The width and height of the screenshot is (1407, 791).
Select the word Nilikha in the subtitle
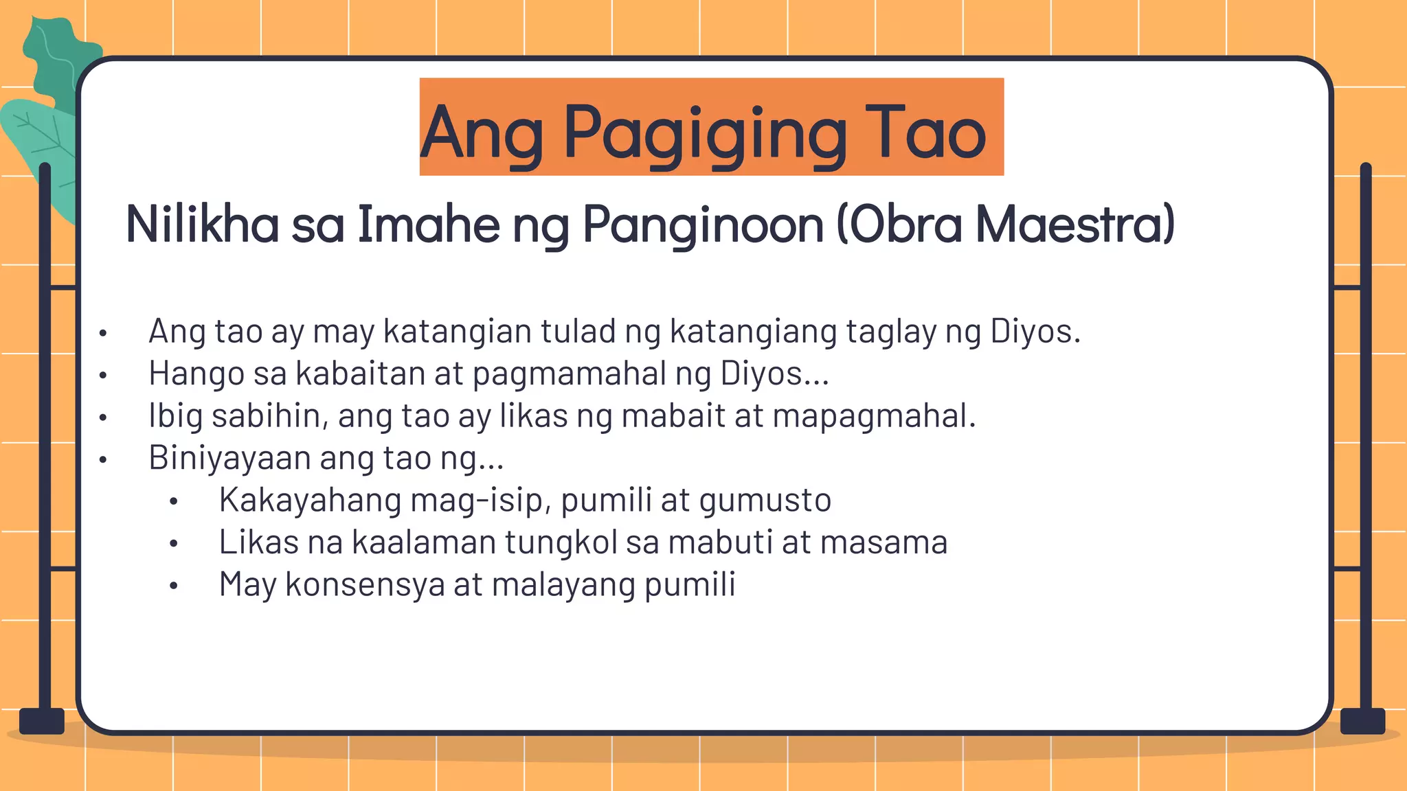pos(202,224)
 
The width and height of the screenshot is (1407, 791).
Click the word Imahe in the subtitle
pos(428,224)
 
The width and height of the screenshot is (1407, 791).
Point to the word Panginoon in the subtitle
pos(703,225)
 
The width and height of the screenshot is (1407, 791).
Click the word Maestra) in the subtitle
pos(1076,224)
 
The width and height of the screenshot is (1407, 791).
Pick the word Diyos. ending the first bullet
pos(1035,331)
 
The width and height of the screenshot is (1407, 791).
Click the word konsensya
pos(365,585)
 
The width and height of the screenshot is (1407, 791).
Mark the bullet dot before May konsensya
pos(174,586)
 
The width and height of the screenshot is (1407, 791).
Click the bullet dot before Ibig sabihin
pos(103,417)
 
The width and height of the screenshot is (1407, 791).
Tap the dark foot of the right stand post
pos(1362,721)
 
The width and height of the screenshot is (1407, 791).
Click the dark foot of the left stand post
pos(42,721)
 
